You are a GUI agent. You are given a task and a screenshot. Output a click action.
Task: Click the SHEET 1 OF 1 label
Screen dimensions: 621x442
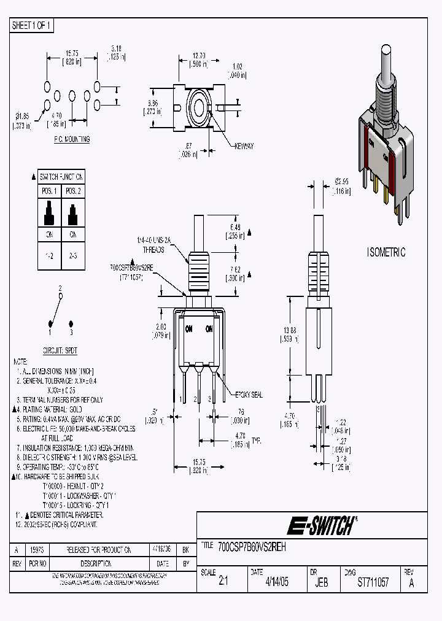pyautogui.click(x=33, y=25)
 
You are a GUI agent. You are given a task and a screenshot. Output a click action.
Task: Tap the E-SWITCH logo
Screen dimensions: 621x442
pyautogui.click(x=321, y=525)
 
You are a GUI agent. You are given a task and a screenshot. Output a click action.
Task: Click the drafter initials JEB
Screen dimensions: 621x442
pyautogui.click(x=321, y=583)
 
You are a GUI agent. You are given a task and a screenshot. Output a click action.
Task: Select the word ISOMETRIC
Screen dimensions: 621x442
pyautogui.click(x=386, y=252)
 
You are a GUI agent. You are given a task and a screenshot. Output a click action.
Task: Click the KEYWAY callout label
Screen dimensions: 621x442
pyautogui.click(x=243, y=146)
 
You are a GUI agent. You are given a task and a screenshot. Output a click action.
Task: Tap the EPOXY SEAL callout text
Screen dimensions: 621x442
pyautogui.click(x=249, y=395)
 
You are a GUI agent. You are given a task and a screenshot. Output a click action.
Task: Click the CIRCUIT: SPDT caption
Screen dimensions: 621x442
pyautogui.click(x=59, y=352)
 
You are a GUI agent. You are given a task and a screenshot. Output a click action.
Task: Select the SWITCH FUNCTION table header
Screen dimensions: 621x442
pyautogui.click(x=61, y=176)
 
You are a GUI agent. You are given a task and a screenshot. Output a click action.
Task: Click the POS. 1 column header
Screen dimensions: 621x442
pyautogui.click(x=48, y=191)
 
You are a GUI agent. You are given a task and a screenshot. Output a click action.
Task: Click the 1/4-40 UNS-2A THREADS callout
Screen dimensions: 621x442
pyautogui.click(x=153, y=246)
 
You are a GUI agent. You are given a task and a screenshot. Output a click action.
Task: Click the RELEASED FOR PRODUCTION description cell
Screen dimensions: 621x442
pyautogui.click(x=90, y=550)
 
